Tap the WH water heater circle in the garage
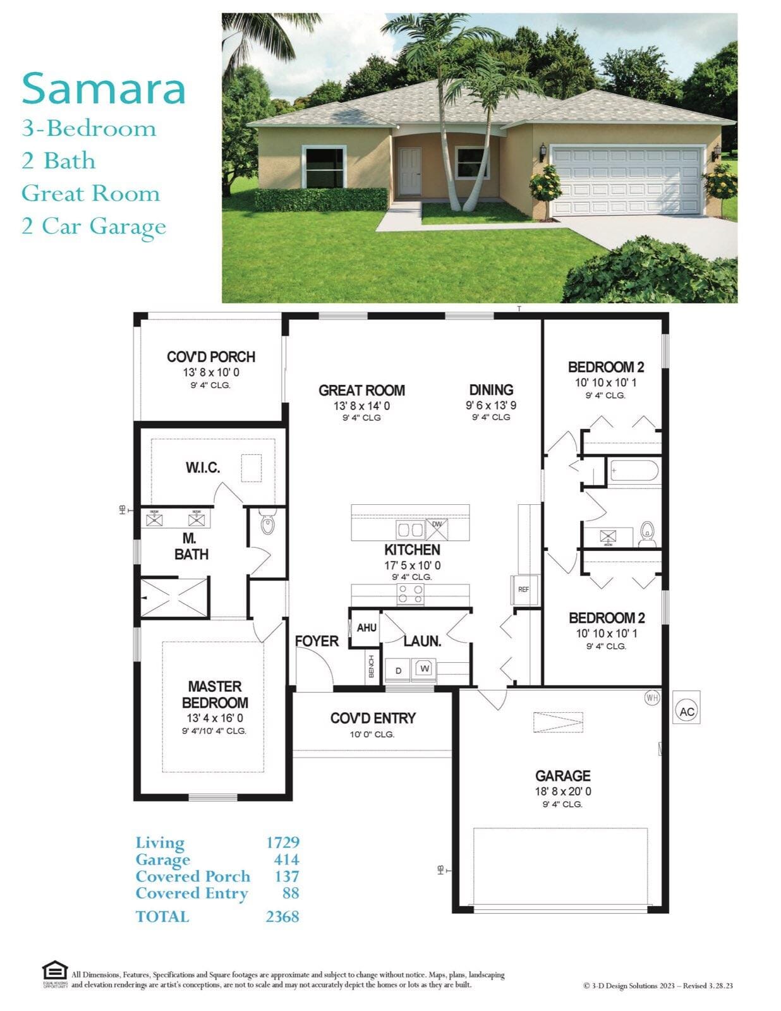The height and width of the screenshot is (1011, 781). tap(651, 698)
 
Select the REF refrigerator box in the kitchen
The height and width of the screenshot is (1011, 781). tap(524, 590)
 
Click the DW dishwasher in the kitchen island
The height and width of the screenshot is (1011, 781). tap(437, 530)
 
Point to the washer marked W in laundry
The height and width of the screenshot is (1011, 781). tap(424, 669)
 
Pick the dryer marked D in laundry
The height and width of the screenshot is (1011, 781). tap(398, 670)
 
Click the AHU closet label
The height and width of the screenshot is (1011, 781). tap(366, 627)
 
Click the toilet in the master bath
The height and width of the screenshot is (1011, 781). tap(267, 523)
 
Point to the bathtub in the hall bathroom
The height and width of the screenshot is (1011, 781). tap(634, 471)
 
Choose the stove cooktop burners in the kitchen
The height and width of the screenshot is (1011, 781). tap(410, 594)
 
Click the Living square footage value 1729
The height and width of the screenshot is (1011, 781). tap(283, 842)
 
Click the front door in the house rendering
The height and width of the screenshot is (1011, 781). tap(410, 171)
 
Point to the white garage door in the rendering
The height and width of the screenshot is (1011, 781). tap(627, 181)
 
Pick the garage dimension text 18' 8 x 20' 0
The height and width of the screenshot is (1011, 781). tap(562, 791)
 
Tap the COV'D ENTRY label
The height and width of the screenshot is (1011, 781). tap(373, 718)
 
